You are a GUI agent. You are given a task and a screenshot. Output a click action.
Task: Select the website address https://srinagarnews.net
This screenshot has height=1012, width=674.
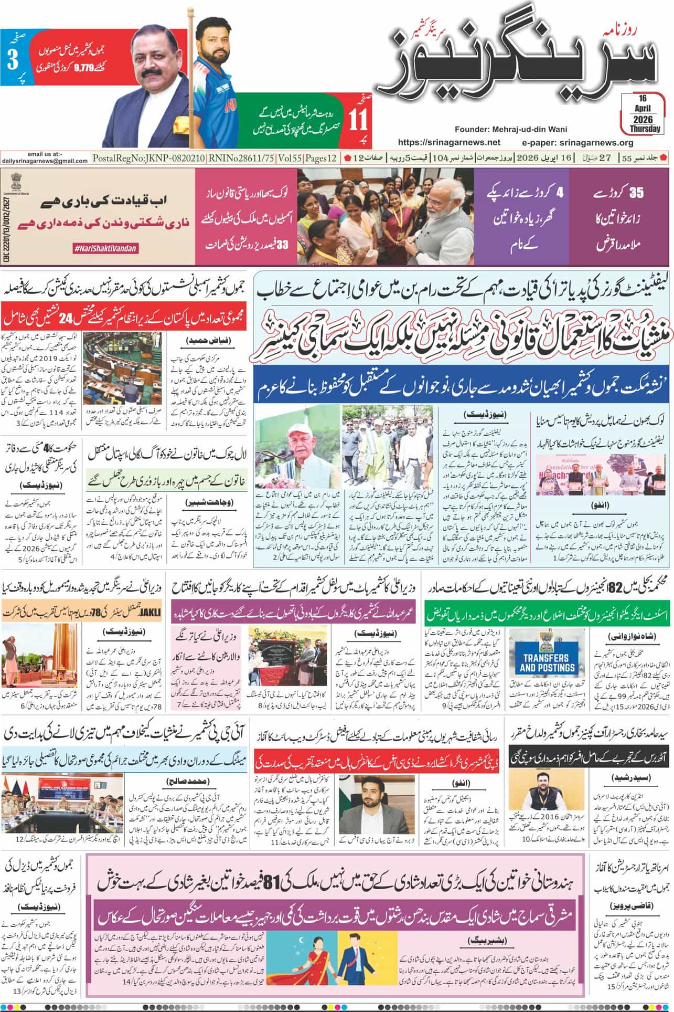point(449,142)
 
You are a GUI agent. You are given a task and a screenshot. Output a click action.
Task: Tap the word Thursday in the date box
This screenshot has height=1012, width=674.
point(645,129)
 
